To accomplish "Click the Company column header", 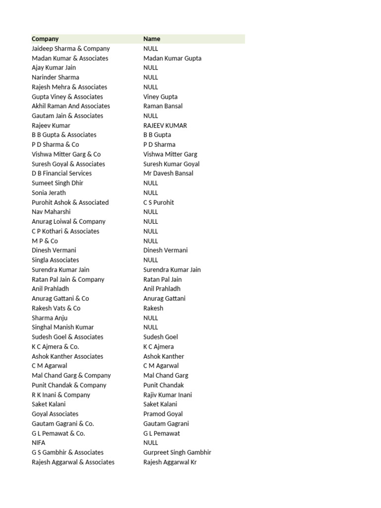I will pos(45,39).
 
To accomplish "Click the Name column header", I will pos(152,39).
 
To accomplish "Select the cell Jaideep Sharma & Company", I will pos(70,49).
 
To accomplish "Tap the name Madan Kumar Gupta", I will pos(172,58).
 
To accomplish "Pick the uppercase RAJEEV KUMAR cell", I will pos(165,126).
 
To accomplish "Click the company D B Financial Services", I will pos(62,173).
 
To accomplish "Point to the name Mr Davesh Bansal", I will pos(168,173).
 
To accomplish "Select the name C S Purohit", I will pos(159,202).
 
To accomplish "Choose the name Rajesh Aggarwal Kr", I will pos(170,462).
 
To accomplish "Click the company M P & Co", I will pos(45,241).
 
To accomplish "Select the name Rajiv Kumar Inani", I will pos(168,395).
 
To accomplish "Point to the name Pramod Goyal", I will pos(163,414).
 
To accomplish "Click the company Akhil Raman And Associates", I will pos(71,106).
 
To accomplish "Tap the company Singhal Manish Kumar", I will pos(63,327).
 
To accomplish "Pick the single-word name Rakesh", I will pos(153,308).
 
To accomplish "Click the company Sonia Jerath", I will pos(49,192).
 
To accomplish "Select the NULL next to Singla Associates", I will pos(151,260).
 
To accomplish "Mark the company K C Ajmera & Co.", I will pos(55,346).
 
